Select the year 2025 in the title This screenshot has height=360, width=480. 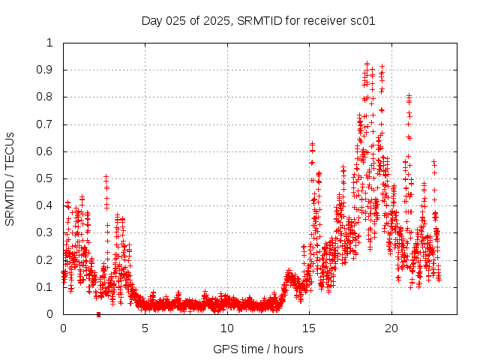point(216,20)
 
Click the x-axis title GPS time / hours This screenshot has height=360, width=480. point(257,349)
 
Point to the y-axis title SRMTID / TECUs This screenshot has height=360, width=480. point(10,178)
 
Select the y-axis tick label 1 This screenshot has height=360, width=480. point(50,43)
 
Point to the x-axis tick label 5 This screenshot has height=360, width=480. point(145,328)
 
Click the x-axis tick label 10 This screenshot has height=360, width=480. point(227,328)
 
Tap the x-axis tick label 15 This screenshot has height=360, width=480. point(309,328)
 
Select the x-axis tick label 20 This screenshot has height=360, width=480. point(391,328)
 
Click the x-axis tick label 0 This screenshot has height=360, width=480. point(63,328)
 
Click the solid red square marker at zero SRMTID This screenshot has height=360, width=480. point(98,314)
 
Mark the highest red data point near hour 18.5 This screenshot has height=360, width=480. point(367,64)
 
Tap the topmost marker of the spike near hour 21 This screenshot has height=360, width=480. point(409,95)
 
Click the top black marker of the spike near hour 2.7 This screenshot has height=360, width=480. point(106,176)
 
